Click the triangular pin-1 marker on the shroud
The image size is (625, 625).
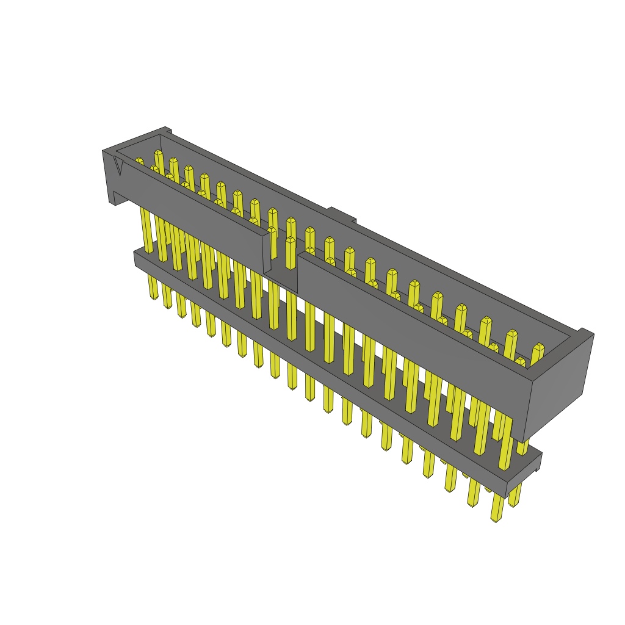tap(118, 165)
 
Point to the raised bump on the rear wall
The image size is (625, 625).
tap(341, 214)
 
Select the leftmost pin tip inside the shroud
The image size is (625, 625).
tap(139, 161)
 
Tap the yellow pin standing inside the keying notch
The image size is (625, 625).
tap(290, 250)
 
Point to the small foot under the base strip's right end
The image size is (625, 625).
tap(536, 466)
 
